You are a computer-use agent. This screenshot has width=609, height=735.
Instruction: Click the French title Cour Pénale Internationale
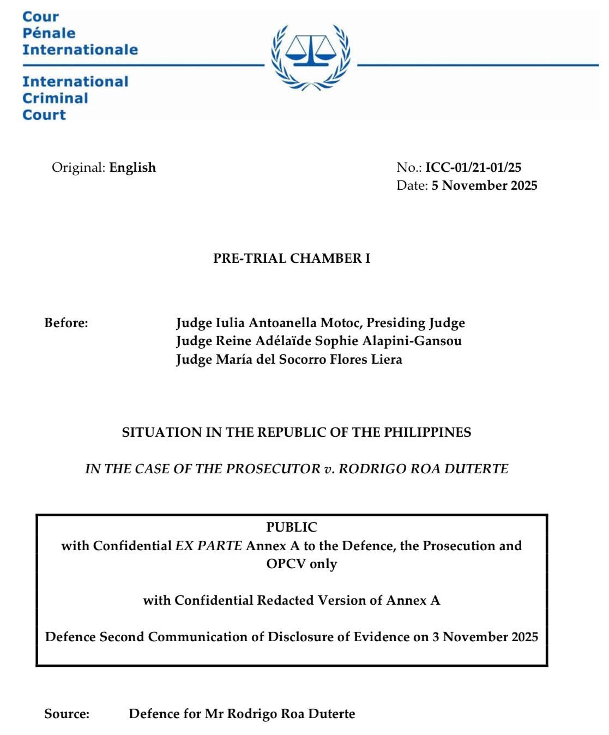pyautogui.click(x=80, y=33)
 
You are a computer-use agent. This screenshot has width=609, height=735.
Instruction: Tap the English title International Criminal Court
pyautogui.click(x=75, y=98)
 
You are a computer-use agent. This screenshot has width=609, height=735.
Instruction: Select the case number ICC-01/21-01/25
pyautogui.click(x=473, y=167)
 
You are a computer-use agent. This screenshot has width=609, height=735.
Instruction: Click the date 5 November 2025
pyautogui.click(x=484, y=185)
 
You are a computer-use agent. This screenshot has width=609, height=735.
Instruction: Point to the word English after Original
pyautogui.click(x=132, y=167)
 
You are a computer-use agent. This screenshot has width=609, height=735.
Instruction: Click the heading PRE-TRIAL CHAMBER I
pyautogui.click(x=291, y=258)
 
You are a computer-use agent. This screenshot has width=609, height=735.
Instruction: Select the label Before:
pyautogui.click(x=66, y=323)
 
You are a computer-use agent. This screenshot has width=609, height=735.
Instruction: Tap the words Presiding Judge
pyautogui.click(x=415, y=323)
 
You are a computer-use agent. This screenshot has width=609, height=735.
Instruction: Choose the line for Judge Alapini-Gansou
pyautogui.click(x=318, y=341)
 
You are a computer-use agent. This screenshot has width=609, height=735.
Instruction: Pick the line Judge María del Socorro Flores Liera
pyautogui.click(x=289, y=359)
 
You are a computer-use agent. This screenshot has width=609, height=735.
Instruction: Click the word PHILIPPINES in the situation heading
pyautogui.click(x=427, y=432)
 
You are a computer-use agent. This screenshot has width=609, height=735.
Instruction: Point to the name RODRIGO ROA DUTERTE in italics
pyautogui.click(x=424, y=469)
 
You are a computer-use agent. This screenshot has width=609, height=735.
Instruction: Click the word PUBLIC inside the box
pyautogui.click(x=291, y=527)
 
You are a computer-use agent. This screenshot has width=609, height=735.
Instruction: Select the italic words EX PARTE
pyautogui.click(x=208, y=546)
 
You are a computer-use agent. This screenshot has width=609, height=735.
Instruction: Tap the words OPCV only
pyautogui.click(x=302, y=564)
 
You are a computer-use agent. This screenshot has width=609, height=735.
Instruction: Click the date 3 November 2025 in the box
pyautogui.click(x=485, y=637)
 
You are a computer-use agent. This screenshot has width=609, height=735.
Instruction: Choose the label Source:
pyautogui.click(x=67, y=714)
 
